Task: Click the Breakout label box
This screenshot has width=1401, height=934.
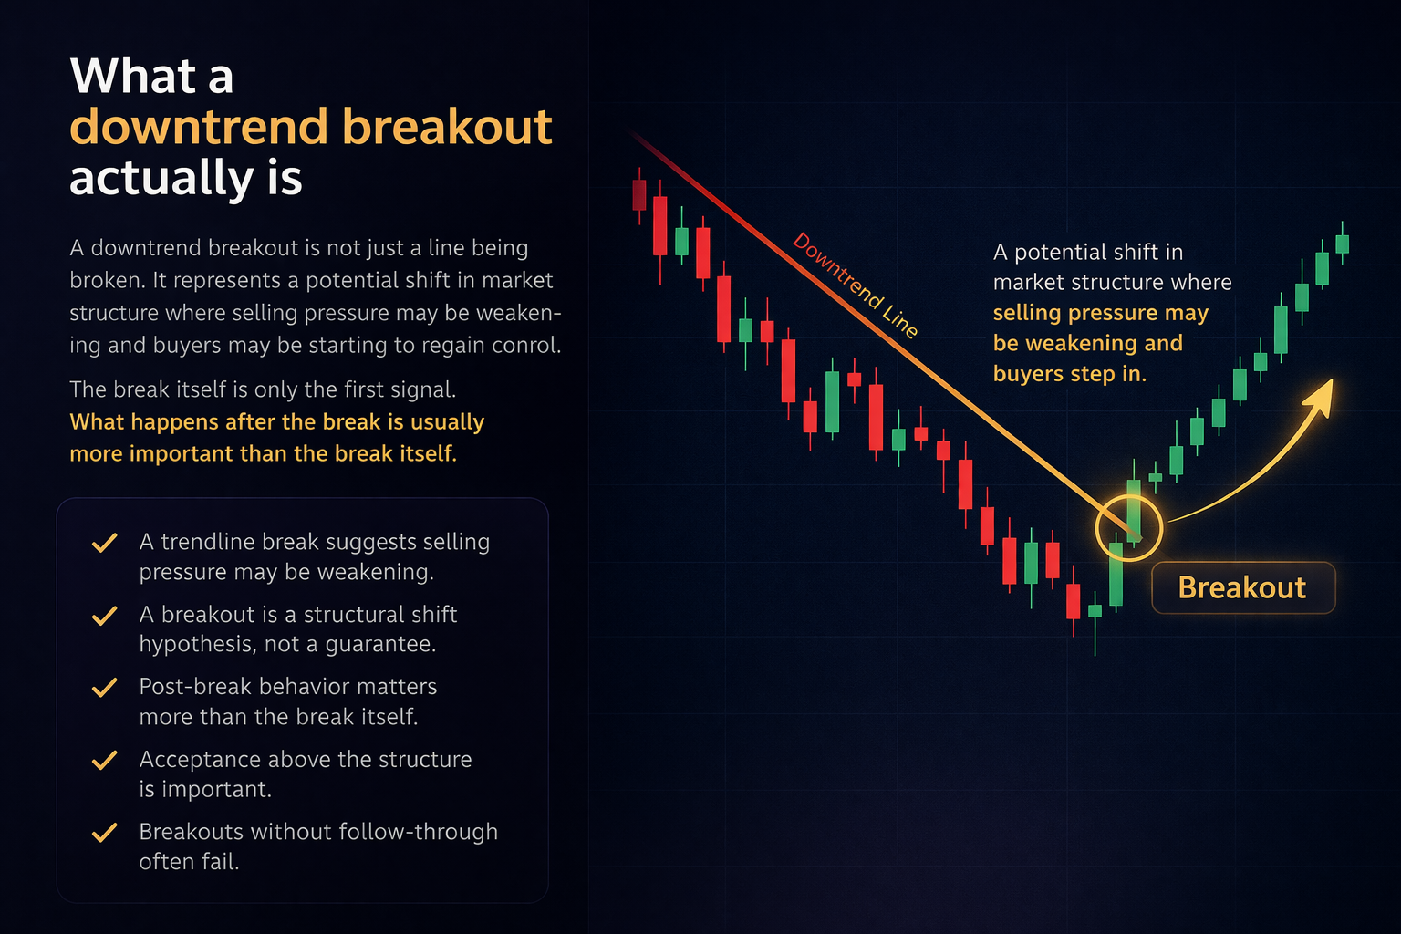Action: click(1242, 587)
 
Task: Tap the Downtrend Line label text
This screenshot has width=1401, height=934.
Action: click(855, 285)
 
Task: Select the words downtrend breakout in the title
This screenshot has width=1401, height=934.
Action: click(311, 126)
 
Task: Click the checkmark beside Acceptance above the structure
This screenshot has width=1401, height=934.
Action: click(105, 760)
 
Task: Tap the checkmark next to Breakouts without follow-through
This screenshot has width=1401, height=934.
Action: click(105, 832)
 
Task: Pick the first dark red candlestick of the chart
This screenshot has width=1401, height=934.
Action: click(639, 194)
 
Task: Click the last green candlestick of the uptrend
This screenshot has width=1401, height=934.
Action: click(1342, 244)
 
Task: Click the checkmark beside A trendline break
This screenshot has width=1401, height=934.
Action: click(105, 543)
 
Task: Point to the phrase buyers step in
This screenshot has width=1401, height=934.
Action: click(1068, 374)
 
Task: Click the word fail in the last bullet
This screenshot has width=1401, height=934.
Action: click(221, 862)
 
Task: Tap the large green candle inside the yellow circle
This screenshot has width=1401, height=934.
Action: click(1134, 511)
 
